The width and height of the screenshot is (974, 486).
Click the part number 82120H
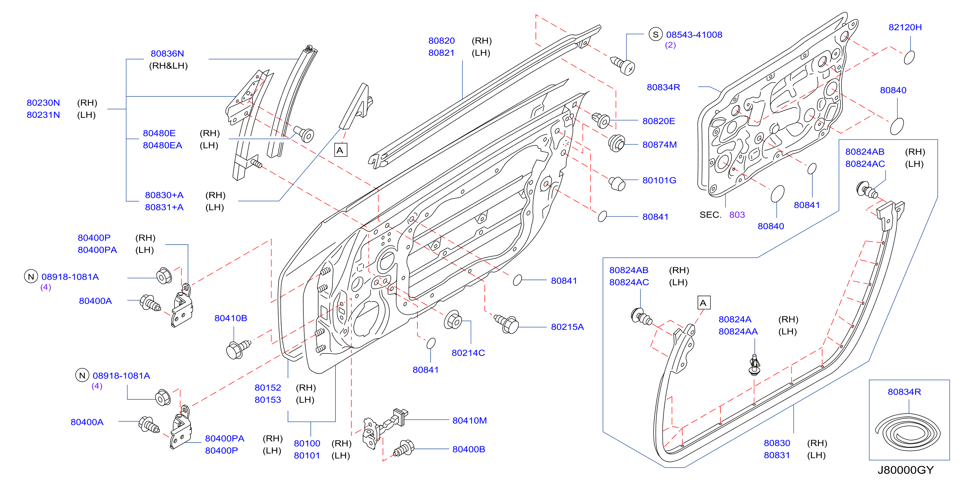click(x=905, y=27)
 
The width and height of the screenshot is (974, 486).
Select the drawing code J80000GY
click(x=905, y=470)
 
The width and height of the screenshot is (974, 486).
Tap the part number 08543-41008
click(x=694, y=34)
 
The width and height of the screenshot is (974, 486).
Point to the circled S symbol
click(x=655, y=34)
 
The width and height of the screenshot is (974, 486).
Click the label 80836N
click(x=167, y=54)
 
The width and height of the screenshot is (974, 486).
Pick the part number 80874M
click(x=659, y=144)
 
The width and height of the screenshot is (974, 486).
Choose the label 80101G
click(x=659, y=180)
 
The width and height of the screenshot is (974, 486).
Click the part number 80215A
click(x=567, y=327)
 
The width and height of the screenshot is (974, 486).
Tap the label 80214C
click(x=468, y=353)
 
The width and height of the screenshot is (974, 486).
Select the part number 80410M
click(x=469, y=421)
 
